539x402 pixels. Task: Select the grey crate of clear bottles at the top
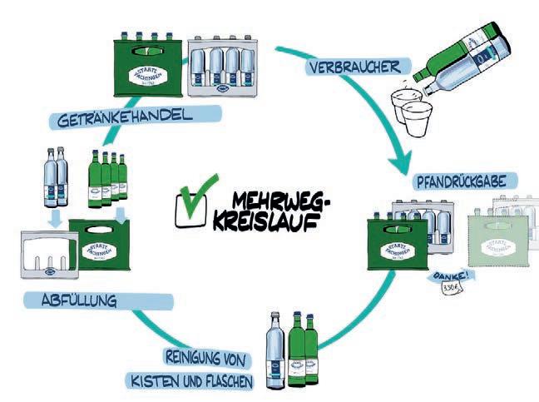click(222, 74)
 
